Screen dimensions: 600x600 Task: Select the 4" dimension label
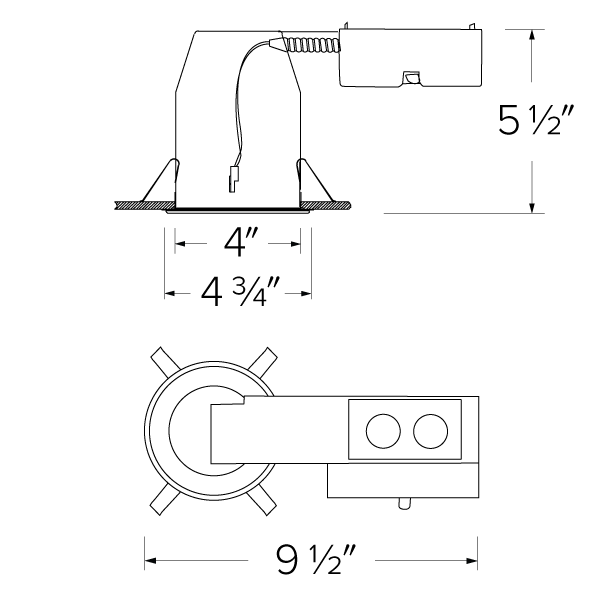click(x=238, y=242)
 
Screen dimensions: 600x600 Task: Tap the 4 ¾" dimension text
click(x=239, y=292)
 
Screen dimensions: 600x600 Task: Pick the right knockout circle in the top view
click(x=429, y=432)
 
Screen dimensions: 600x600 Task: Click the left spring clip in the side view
click(x=159, y=181)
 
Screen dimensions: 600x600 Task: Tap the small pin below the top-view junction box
click(x=404, y=504)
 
